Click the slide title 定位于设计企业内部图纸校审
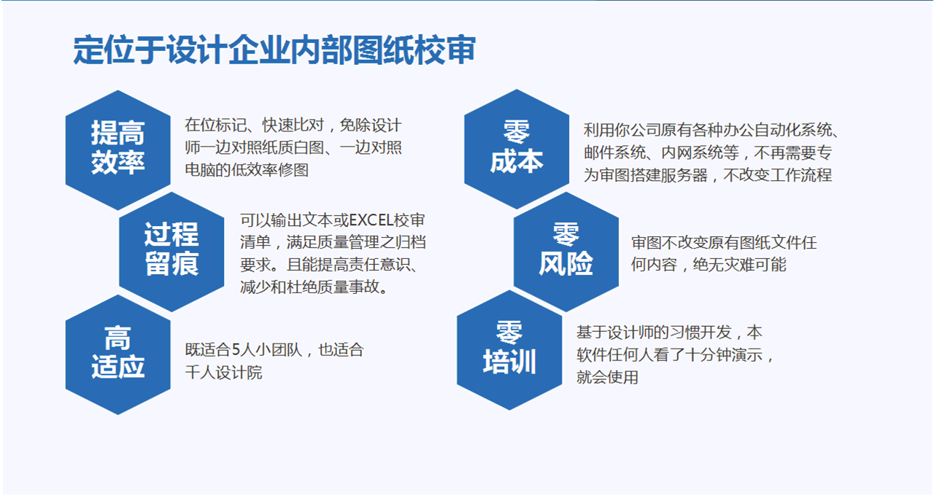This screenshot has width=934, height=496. point(274,50)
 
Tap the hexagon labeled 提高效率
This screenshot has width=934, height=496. point(118,150)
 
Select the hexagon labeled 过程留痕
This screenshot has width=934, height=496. point(171,252)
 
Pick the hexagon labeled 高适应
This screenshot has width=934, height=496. point(118,354)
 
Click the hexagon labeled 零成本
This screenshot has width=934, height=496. point(517,149)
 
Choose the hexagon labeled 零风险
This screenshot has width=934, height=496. point(566,252)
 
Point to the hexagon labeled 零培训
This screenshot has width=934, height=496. point(509,350)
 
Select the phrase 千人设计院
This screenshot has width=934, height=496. point(223,372)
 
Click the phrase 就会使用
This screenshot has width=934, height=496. point(607,377)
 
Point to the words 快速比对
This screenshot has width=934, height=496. point(293,125)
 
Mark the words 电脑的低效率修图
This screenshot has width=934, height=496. point(247,170)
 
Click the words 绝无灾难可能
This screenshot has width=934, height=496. point(739,265)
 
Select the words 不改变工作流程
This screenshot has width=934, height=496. point(778,175)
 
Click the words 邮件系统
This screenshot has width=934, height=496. point(614,152)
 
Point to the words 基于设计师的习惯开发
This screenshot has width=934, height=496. point(654,332)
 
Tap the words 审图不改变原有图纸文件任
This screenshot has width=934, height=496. point(723,242)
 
